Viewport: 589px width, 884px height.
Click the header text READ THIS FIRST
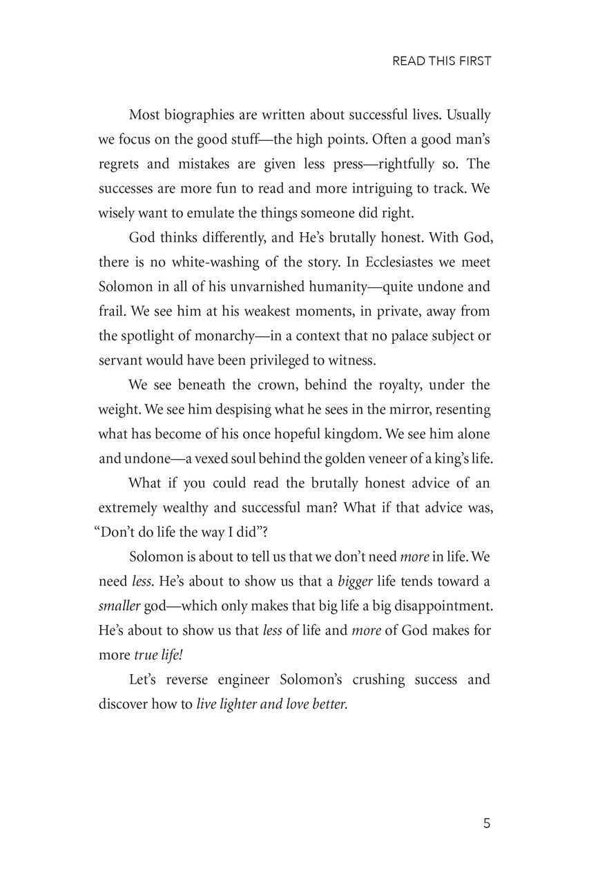pyautogui.click(x=441, y=61)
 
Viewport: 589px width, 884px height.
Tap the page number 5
pyautogui.click(x=487, y=823)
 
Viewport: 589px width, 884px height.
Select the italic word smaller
pyautogui.click(x=119, y=606)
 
